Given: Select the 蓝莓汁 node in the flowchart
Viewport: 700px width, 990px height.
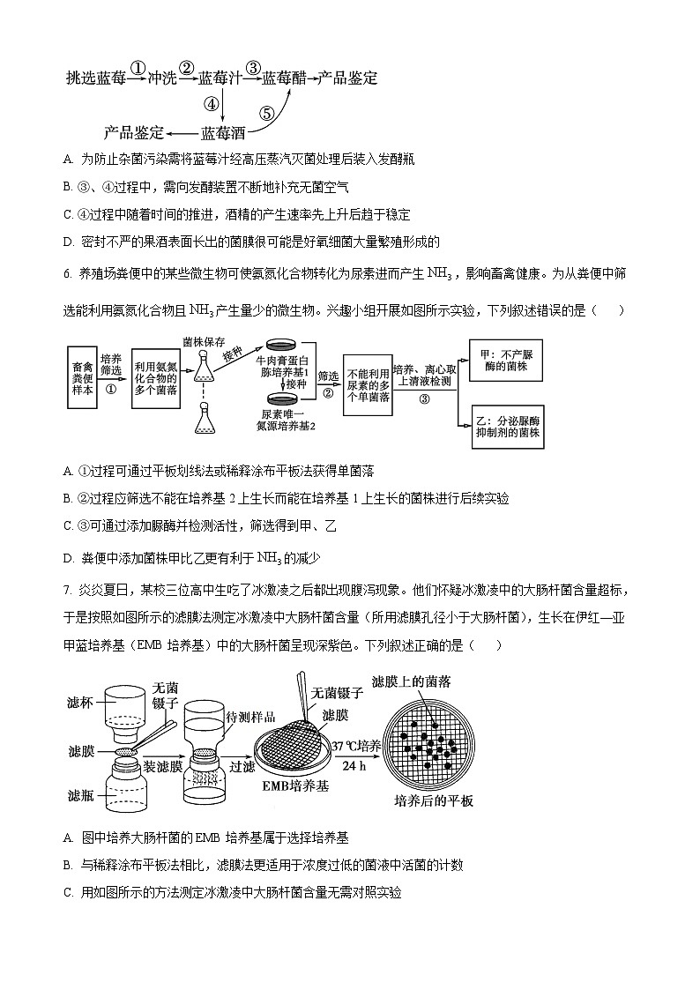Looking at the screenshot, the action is tap(220, 78).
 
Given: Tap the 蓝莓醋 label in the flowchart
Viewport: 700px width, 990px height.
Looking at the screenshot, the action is tap(285, 78).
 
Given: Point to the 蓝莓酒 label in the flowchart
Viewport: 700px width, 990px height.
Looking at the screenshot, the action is tap(221, 133).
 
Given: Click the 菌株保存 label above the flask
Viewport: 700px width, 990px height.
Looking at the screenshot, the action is tap(205, 342).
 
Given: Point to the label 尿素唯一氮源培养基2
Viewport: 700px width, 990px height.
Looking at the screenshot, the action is tap(286, 419).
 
